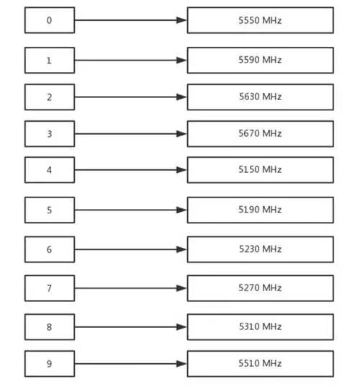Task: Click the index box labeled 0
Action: pos(50,20)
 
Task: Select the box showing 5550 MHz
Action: pos(261,20)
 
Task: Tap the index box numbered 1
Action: pos(50,61)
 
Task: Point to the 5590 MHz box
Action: pos(261,61)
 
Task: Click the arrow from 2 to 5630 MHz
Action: pos(131,97)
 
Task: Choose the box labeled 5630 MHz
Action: pos(261,97)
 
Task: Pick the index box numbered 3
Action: pos(50,134)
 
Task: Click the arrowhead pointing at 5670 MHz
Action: pos(182,134)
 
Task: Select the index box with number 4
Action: pos(50,170)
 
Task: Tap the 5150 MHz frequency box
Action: pos(261,170)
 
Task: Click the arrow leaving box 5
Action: pos(131,210)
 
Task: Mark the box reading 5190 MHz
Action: pos(261,210)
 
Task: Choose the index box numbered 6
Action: pos(50,249)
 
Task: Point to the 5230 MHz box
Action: pos(261,249)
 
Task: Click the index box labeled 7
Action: pos(50,288)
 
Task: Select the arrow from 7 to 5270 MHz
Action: pos(131,288)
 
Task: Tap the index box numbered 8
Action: pos(50,327)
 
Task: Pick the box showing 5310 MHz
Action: pos(261,327)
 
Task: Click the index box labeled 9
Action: pos(50,363)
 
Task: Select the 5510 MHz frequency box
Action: pos(261,363)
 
